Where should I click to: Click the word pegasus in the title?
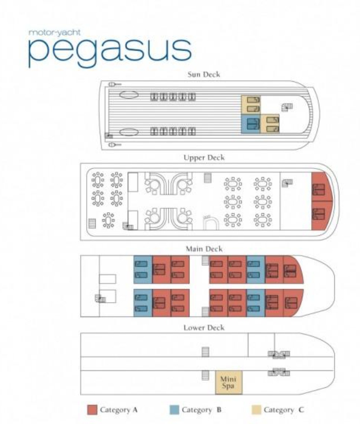110,52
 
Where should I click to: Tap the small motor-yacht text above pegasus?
54,33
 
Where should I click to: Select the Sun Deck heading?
204,75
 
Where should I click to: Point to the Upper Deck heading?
204,157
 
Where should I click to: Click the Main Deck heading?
204,249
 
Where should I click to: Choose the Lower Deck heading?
204,327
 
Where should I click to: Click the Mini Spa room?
228,382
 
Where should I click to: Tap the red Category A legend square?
92,410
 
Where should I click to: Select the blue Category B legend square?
174,410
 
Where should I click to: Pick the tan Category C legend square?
256,410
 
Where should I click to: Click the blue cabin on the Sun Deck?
250,124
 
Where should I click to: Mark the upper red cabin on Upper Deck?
321,187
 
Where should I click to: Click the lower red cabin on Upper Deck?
321,216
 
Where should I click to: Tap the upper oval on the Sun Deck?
129,95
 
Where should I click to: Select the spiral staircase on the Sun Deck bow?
287,107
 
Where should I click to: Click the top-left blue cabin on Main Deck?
143,270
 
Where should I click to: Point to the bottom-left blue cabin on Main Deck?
143,303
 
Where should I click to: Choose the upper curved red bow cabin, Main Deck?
292,270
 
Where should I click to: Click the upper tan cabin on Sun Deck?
251,105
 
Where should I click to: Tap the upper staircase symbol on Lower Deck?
205,352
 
